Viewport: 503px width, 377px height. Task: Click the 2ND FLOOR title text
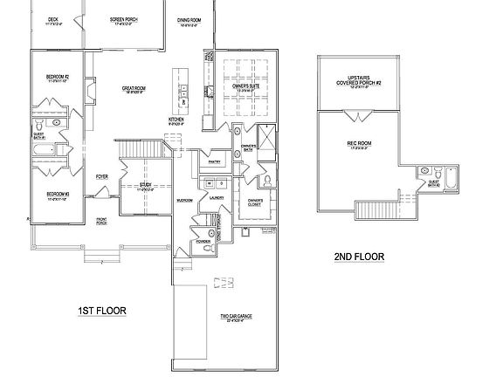coord(360,257)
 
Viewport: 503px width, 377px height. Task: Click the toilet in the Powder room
coord(206,249)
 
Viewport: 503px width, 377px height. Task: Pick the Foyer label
coord(102,175)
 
